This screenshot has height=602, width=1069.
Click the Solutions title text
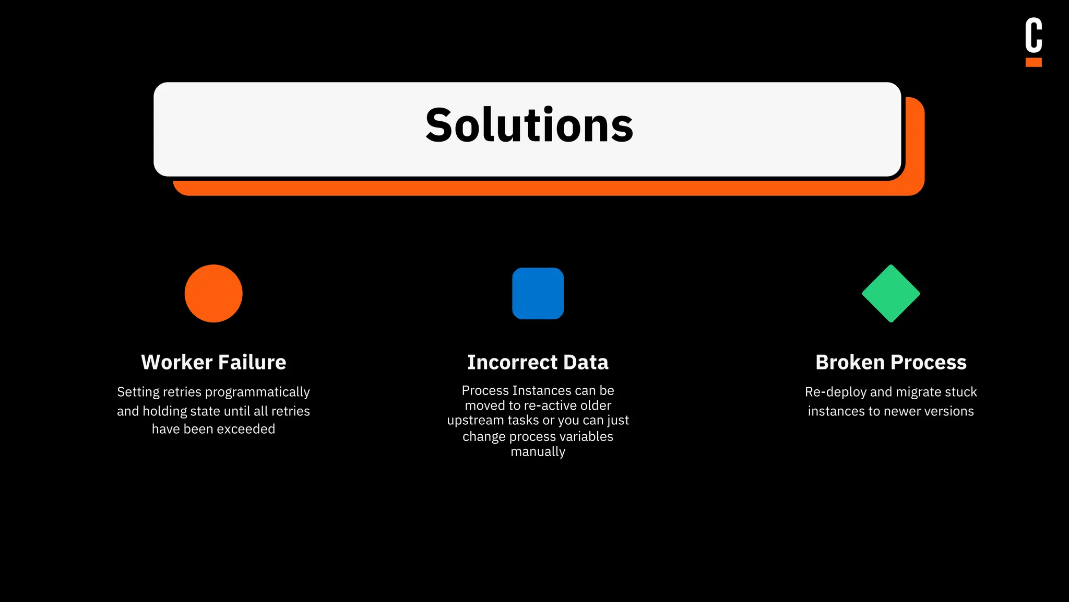[529, 125]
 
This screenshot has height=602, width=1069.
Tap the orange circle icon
[213, 293]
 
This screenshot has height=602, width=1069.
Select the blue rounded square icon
[538, 293]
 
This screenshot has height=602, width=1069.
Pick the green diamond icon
[890, 293]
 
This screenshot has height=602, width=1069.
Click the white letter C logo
[1033, 35]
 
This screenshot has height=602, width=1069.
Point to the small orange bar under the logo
[1033, 62]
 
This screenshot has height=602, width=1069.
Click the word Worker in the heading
[176, 362]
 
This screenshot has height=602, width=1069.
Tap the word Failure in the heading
[252, 362]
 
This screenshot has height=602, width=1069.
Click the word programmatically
[257, 392]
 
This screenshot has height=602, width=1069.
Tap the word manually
[538, 451]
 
